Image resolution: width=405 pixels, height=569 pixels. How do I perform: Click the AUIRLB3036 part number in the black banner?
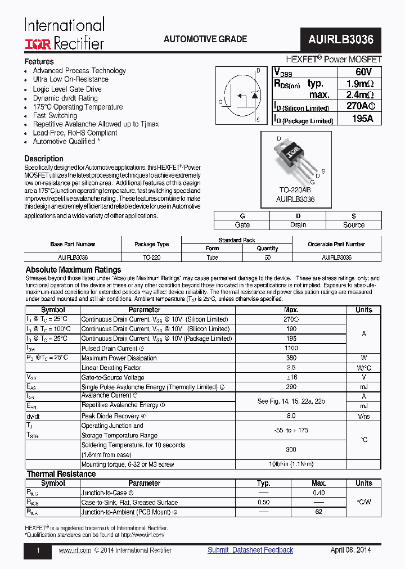341,40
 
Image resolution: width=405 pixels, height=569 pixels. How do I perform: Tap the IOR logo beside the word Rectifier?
38,43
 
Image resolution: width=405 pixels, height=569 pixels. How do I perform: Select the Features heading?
39,61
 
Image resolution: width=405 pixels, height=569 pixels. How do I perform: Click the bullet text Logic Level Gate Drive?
67,89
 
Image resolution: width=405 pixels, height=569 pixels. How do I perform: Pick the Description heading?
43,159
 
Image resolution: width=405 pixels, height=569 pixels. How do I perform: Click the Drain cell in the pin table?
298,225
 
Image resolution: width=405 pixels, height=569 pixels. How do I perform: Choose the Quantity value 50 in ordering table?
267,257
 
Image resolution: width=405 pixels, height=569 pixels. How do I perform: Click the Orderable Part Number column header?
336,244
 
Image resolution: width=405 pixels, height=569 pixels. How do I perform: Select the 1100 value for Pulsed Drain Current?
291,349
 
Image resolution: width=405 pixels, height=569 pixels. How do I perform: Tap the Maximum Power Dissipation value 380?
291,358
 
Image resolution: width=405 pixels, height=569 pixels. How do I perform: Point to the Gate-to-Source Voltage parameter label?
112,378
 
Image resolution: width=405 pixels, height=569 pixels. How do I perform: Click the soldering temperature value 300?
291,450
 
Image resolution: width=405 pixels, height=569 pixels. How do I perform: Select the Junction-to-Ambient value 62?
318,512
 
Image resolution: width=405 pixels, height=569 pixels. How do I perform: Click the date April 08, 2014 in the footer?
350,550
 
